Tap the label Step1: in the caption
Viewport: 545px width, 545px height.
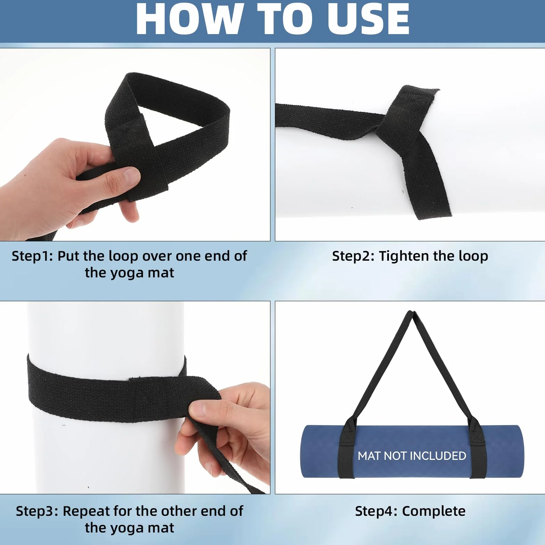tap(32, 256)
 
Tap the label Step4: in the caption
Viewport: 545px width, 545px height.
tap(376, 511)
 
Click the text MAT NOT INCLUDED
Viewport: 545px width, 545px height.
tap(412, 456)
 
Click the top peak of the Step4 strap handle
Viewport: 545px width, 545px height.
tap(412, 312)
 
